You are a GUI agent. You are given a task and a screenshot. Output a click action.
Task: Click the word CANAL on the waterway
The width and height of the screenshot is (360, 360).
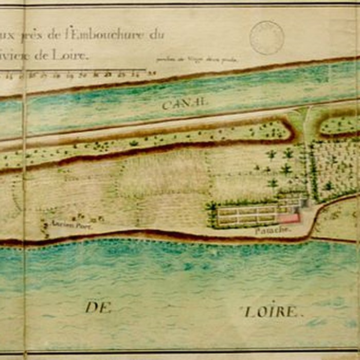184,104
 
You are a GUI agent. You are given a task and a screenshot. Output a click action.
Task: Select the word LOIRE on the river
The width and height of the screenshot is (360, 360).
271,312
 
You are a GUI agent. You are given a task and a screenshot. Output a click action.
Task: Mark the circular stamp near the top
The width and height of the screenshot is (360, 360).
267,37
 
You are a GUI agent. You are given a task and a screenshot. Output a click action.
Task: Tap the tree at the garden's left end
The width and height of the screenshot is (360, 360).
212,208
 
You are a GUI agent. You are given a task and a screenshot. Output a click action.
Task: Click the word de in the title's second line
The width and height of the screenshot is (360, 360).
41,56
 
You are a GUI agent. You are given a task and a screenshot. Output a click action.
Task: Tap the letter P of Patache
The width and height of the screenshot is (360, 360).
258,231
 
